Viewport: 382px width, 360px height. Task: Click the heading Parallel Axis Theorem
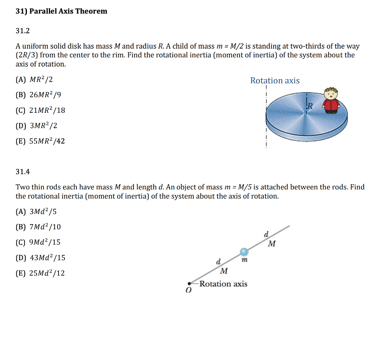[61, 11]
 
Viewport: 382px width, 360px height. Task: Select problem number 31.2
[22, 31]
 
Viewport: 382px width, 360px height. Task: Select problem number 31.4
[22, 172]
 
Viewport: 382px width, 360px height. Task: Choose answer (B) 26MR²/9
[38, 95]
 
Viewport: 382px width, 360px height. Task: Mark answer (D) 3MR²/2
[36, 126]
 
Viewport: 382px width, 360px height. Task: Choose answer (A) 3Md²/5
[36, 212]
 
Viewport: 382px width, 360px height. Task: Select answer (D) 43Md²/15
[40, 258]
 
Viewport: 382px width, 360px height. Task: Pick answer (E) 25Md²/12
[40, 273]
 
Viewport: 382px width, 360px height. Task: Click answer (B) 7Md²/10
[38, 227]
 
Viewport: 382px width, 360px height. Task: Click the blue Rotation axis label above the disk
[275, 81]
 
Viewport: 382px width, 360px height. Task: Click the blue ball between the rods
[244, 252]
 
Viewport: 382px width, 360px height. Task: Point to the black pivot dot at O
[190, 284]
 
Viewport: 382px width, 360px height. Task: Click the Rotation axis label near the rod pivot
[223, 284]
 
